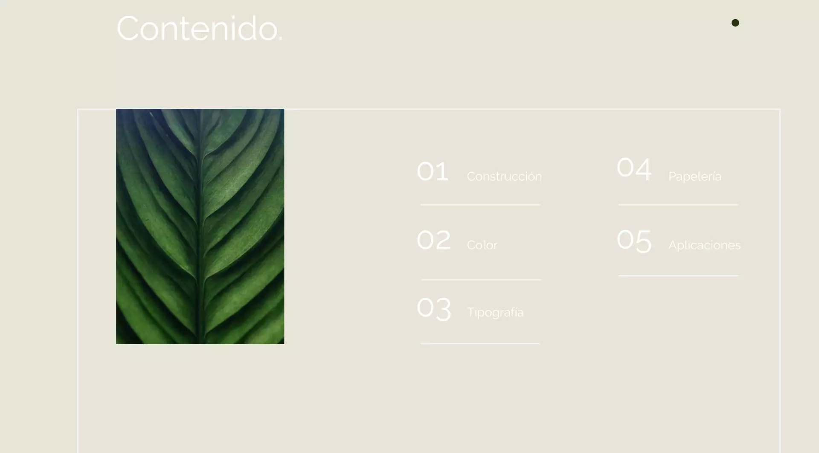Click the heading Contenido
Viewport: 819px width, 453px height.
[x=200, y=28]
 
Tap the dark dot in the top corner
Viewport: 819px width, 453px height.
[x=735, y=23]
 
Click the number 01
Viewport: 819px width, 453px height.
[x=433, y=171]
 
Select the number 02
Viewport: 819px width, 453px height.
[x=433, y=240]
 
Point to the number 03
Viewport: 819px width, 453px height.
[x=434, y=308]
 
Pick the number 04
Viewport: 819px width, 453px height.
[x=634, y=168]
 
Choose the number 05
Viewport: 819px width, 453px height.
[x=634, y=241]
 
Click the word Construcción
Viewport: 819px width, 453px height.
[x=504, y=176]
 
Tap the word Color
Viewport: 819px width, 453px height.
[x=482, y=245]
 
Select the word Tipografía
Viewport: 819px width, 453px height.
[x=495, y=312]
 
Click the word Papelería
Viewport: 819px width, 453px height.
[x=695, y=176]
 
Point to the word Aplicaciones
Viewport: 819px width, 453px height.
[x=705, y=245]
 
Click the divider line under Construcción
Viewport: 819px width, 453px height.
[x=480, y=205]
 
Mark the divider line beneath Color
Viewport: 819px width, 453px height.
[x=481, y=280]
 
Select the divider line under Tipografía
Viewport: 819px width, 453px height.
[x=480, y=343]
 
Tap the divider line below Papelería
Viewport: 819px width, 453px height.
[x=678, y=205]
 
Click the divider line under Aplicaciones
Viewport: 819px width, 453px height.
[x=678, y=276]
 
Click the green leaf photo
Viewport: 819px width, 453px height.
[x=200, y=226]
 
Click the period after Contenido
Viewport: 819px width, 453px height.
[x=280, y=40]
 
